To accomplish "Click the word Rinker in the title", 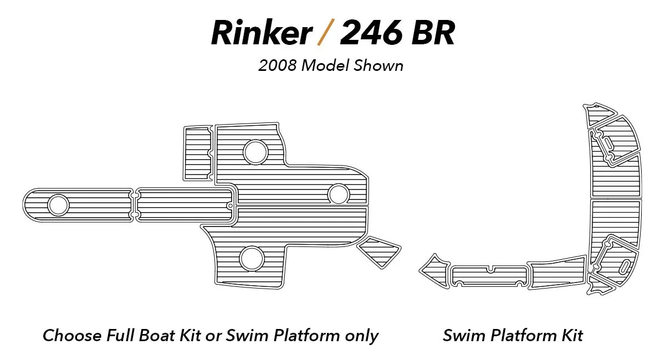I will coord(261,33).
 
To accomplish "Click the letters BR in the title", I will coord(436,33).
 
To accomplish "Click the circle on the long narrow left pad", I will coord(58,205).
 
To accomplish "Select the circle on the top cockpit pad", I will coord(255,152).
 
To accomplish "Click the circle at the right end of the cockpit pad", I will coord(338,194).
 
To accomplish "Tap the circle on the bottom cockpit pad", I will coord(252,258).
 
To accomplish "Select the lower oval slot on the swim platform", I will coord(622,266).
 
